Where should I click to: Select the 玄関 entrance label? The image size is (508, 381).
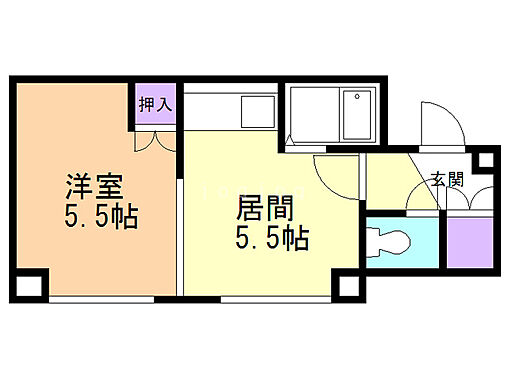[447, 180]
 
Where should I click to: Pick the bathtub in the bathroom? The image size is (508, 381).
[358, 116]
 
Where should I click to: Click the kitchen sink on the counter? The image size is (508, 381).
[256, 112]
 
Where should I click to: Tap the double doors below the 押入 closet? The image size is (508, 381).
[153, 140]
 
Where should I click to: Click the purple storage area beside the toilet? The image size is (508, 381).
[467, 240]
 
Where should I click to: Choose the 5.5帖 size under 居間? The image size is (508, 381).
[272, 239]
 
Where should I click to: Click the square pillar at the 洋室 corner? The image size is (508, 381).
[30, 284]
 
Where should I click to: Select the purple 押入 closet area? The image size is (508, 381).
[153, 108]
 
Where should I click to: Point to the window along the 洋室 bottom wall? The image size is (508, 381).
[110, 298]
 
